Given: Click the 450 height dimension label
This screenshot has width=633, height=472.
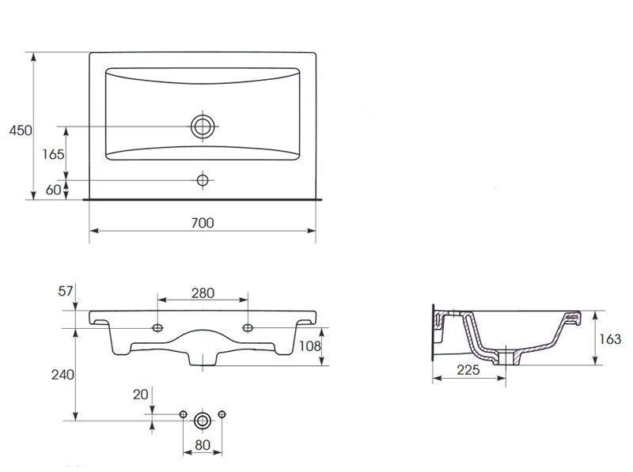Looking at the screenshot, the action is click(x=21, y=130).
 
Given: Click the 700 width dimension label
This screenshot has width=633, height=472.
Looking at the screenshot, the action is click(x=203, y=223).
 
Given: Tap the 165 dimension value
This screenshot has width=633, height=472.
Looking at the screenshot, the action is click(x=53, y=154).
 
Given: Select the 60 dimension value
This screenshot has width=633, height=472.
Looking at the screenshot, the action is click(x=53, y=190).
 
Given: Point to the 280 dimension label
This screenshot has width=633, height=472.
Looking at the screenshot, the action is click(x=203, y=293).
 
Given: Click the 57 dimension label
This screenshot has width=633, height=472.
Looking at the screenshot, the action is click(x=66, y=291).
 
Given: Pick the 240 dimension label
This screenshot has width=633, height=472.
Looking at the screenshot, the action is click(x=63, y=375).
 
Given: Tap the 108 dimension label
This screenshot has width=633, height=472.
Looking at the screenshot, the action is click(x=310, y=346).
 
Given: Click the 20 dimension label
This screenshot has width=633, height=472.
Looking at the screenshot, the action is click(x=141, y=395).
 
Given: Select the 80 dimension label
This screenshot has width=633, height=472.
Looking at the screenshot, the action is click(x=203, y=444).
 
